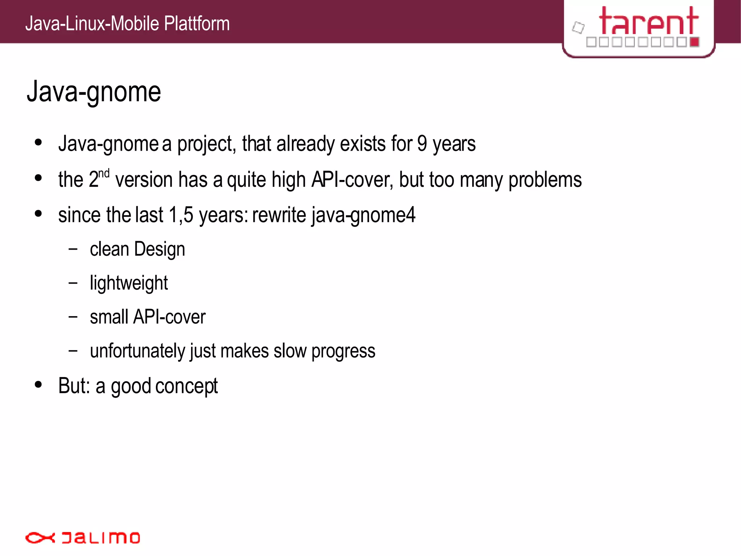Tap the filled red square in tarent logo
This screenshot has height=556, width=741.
click(694, 42)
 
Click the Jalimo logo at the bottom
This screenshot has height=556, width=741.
click(82, 538)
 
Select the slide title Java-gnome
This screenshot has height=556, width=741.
click(94, 92)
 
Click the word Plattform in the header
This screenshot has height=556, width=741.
click(197, 24)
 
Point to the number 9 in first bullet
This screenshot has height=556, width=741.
click(422, 144)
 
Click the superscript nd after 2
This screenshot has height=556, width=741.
click(104, 174)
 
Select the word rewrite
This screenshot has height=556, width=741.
click(279, 215)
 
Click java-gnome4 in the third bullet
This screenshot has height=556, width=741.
click(363, 215)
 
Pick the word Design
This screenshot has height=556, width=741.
click(160, 250)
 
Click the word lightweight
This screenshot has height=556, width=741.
click(129, 283)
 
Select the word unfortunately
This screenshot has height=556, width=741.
click(137, 351)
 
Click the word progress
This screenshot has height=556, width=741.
click(343, 351)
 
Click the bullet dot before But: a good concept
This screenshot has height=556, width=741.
click(38, 385)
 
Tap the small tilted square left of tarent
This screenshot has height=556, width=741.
click(578, 28)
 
